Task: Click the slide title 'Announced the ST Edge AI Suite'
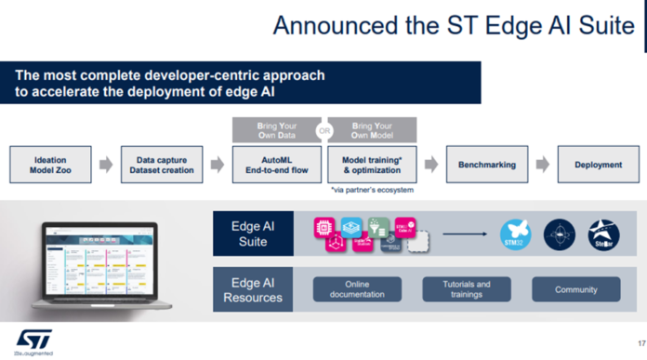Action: pos(453,26)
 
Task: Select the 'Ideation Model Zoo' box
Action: pos(50,165)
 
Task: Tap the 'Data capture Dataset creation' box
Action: pos(158,165)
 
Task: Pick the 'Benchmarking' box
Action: pos(487,165)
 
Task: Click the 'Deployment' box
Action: pos(598,165)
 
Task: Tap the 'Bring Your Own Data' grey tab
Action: pos(276,130)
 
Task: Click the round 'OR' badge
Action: pos(324,131)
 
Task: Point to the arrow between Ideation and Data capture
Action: pos(105,165)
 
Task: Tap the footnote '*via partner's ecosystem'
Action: pos(372,189)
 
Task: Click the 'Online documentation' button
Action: pos(357,289)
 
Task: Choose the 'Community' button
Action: pos(575,289)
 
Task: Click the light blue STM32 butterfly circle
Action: pos(515,233)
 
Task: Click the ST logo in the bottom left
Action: pos(31,337)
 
